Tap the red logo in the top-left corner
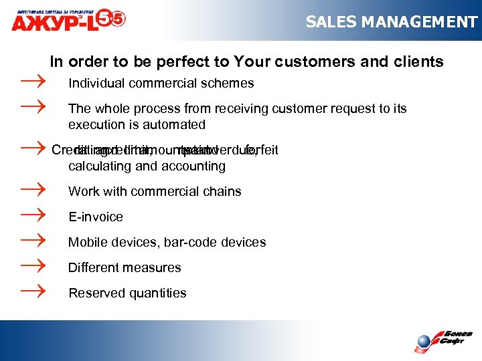click(67, 18)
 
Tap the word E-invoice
click(96, 217)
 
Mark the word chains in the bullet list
click(222, 192)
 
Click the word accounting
click(194, 166)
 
